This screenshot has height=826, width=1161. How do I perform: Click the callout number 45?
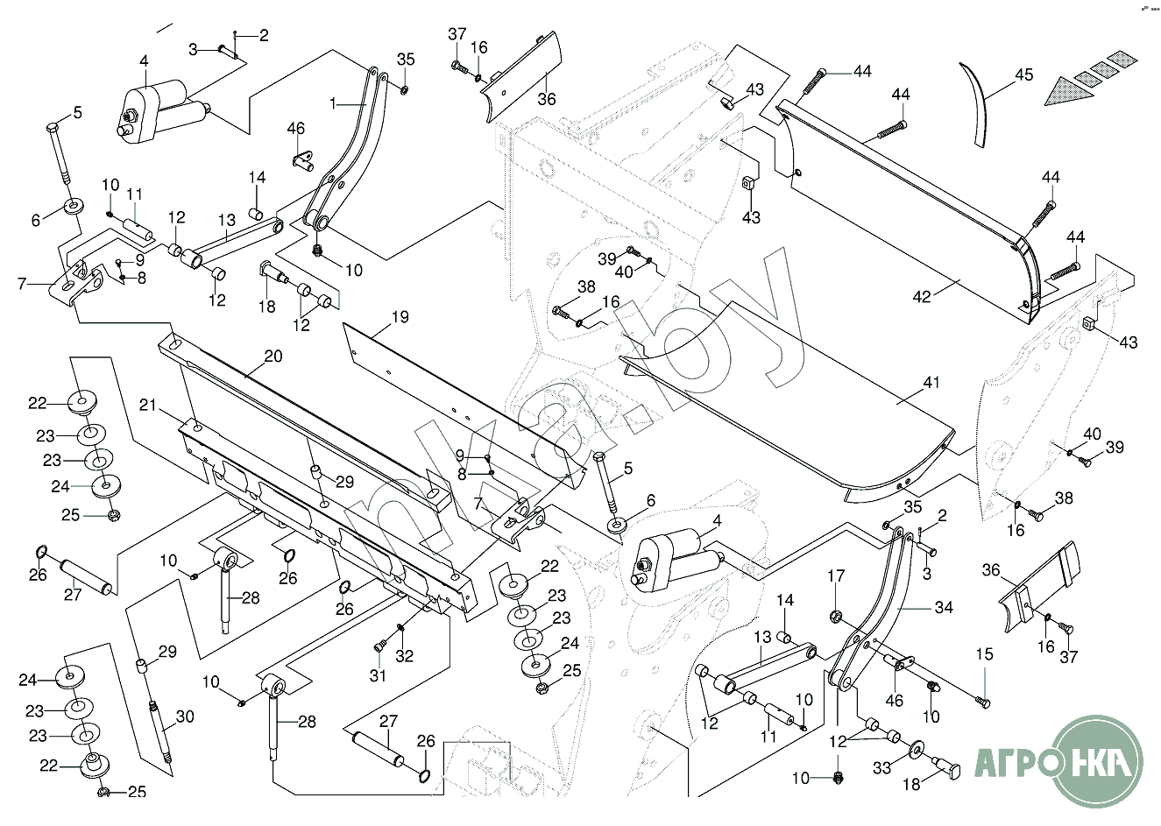tap(1024, 75)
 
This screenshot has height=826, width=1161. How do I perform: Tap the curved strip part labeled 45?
tap(980, 101)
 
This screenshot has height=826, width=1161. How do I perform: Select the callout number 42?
tap(922, 297)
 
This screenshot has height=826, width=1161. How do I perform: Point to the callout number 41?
tap(931, 383)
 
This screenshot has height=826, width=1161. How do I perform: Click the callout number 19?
tap(400, 317)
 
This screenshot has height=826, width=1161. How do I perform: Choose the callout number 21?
tap(147, 405)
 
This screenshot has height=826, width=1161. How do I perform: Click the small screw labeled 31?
tap(379, 646)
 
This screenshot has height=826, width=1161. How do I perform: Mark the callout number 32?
tap(404, 655)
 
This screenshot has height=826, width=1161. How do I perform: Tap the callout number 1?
tap(333, 102)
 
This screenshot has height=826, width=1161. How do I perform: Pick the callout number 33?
tap(881, 768)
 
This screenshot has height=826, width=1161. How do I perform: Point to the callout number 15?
tap(984, 654)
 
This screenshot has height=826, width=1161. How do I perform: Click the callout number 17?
tap(837, 575)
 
